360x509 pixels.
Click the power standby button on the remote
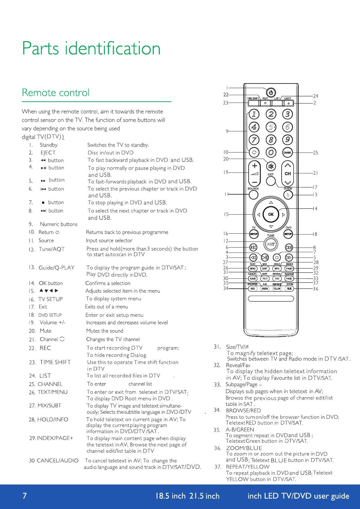271,92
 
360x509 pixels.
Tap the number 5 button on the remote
271,127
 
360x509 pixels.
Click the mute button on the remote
271,166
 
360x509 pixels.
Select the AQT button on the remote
271,244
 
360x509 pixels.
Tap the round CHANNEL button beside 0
287,153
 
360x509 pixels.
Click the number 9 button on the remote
287,140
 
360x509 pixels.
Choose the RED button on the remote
253,289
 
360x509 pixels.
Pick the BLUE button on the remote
289,289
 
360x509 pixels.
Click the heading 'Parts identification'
91,48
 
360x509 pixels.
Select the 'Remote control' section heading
56,93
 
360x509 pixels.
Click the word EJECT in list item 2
48,153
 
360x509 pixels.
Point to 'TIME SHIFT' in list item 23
55,362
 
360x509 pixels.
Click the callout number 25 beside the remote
316,153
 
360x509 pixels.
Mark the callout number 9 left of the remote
227,131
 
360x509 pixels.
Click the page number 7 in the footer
25,496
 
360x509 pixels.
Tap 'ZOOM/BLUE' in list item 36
244,448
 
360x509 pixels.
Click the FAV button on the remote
277,278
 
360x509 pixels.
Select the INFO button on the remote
277,268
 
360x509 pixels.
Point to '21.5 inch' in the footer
204,496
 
